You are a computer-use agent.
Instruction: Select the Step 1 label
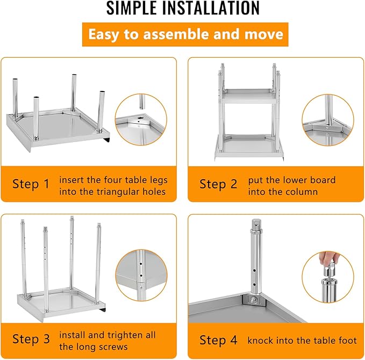pos(31,184)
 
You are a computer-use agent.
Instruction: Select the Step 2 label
pos(218,184)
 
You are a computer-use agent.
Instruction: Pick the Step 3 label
pos(31,339)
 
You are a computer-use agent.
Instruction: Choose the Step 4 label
pos(218,340)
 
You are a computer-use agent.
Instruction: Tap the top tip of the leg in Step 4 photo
pos(256,222)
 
